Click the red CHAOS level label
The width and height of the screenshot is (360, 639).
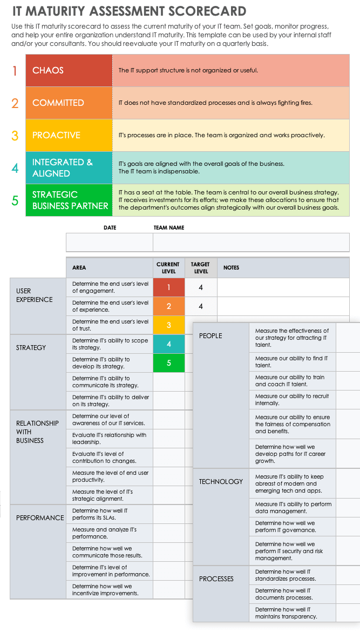48,70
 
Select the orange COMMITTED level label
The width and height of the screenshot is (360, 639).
58,103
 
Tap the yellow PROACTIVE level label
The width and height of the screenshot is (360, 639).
56,135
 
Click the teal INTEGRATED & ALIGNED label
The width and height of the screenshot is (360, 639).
63,167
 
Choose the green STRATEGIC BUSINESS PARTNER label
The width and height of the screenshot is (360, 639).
70,200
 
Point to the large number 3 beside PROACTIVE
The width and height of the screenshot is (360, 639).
15,136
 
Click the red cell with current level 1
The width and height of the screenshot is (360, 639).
169,287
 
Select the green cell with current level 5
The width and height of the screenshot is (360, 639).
169,363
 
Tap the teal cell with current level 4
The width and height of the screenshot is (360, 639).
169,344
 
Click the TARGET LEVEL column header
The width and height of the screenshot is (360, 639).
201,268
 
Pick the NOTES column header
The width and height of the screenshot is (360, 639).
231,268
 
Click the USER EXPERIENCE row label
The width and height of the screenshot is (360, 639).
35,295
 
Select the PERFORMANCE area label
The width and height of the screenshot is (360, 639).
40,517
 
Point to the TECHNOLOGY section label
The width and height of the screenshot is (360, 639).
221,481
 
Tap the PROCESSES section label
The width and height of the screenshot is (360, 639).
216,579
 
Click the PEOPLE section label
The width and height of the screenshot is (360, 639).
210,335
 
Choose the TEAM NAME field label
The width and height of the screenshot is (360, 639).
169,228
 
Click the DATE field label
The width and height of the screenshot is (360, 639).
110,228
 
